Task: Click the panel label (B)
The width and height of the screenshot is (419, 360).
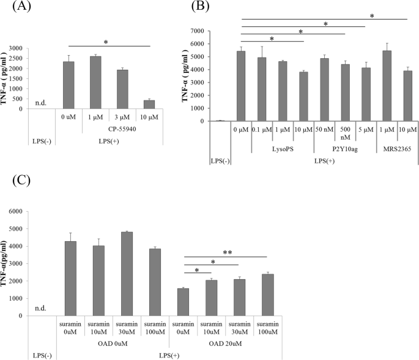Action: tap(218, 7)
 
